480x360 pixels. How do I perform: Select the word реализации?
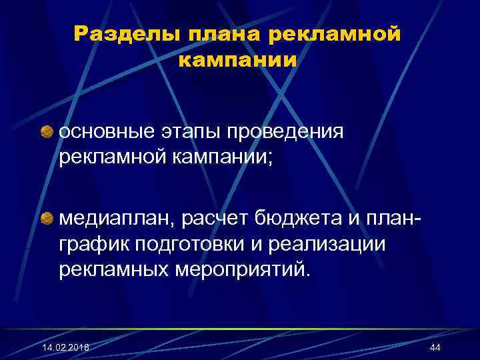[329, 243]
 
